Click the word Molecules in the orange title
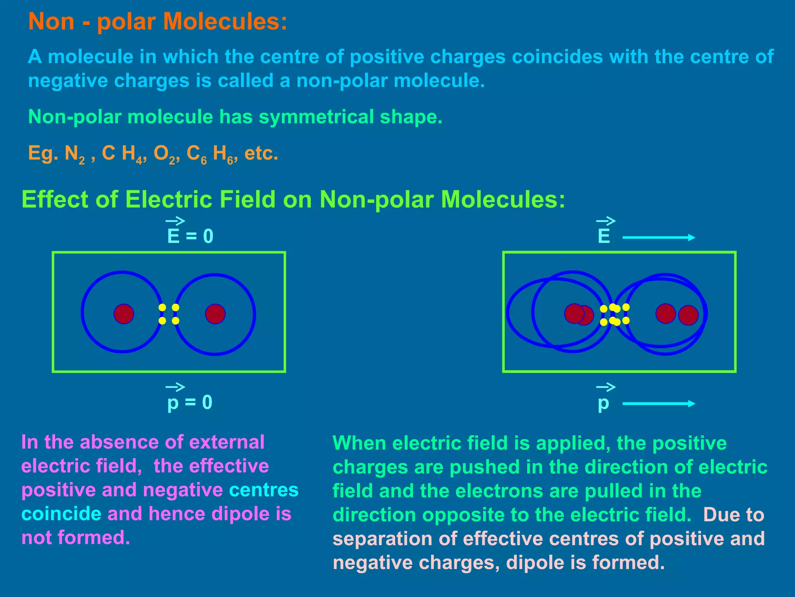[227, 21]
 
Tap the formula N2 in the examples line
[75, 154]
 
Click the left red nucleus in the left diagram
[124, 314]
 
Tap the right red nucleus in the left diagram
[215, 314]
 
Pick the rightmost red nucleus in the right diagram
[688, 315]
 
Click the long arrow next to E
[658, 237]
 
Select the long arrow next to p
[658, 404]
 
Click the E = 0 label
[190, 236]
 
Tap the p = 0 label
[190, 402]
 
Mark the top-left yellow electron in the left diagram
[163, 307]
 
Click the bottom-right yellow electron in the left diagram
[175, 321]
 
